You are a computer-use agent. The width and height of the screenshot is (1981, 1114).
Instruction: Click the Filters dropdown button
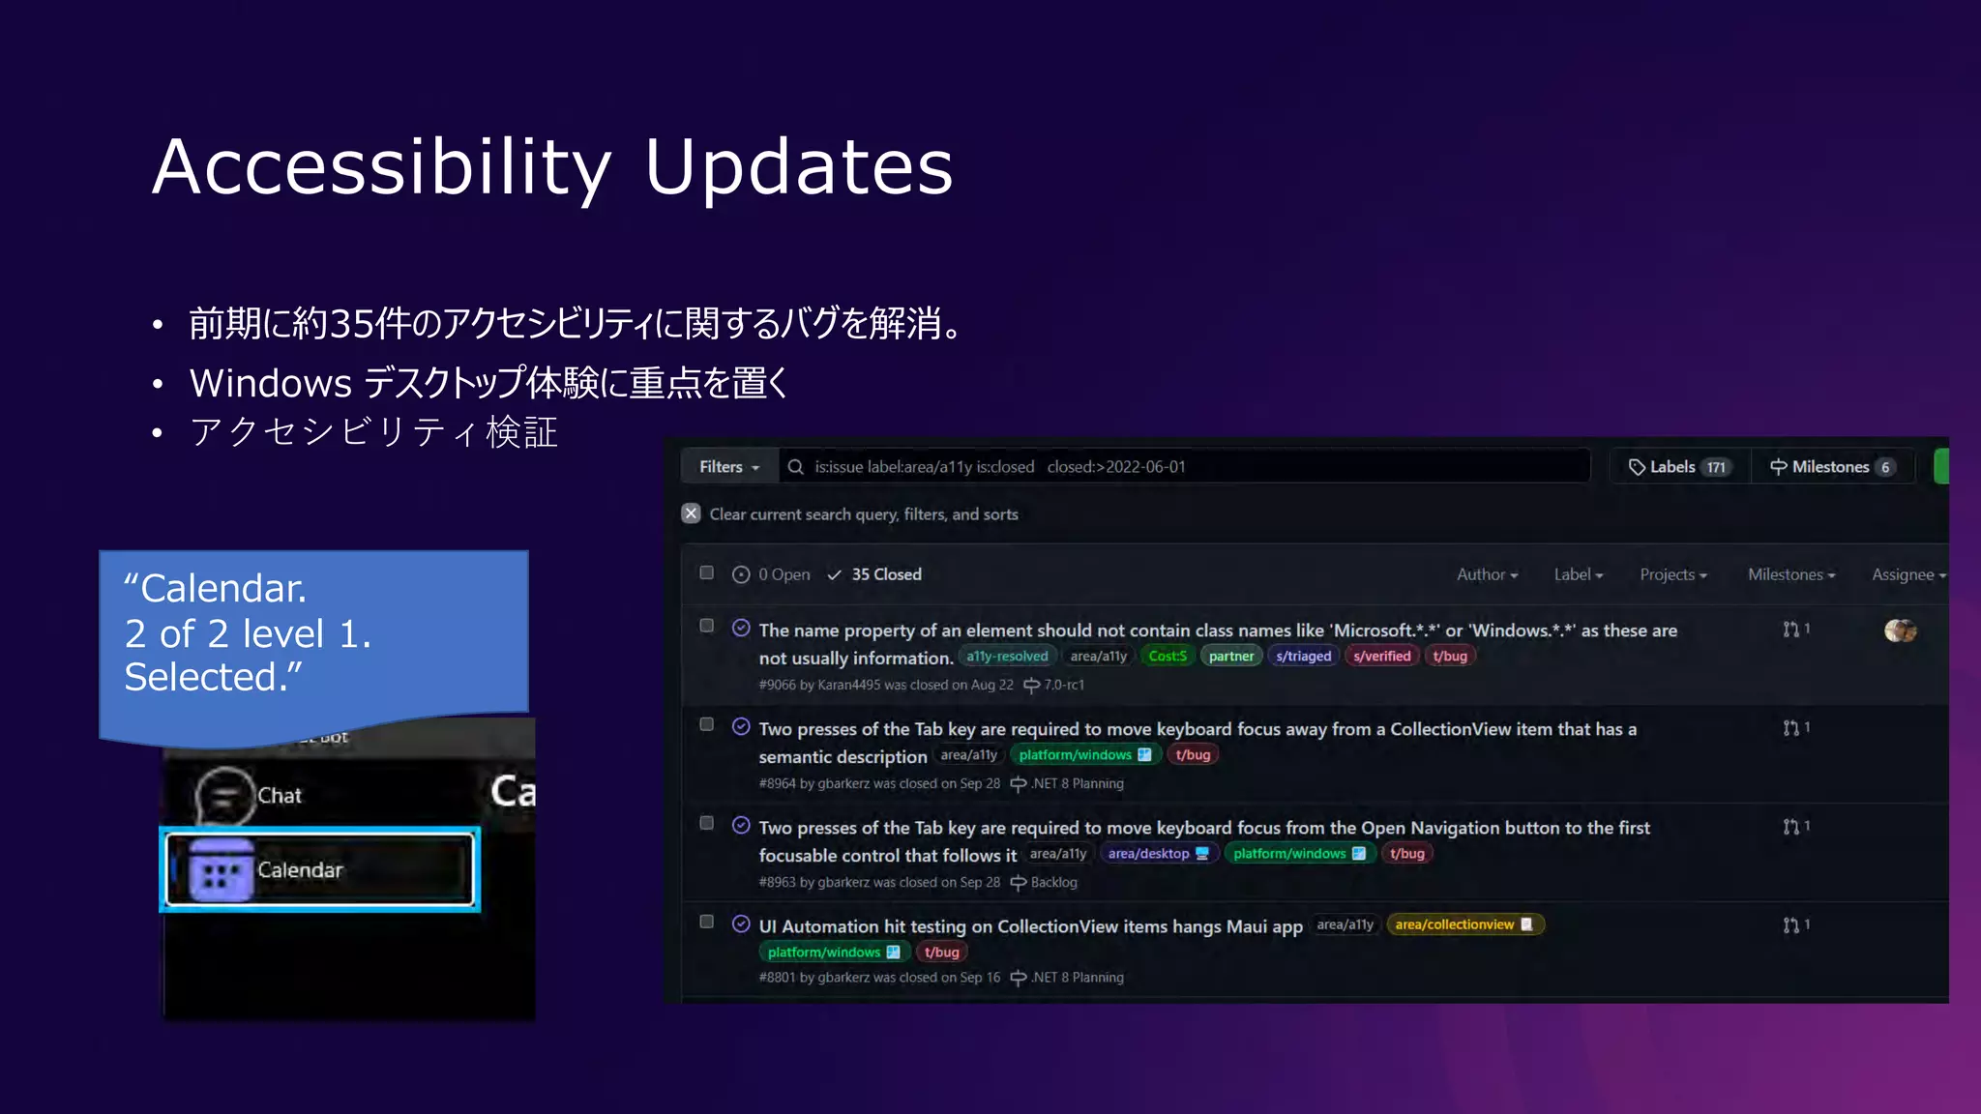click(x=729, y=467)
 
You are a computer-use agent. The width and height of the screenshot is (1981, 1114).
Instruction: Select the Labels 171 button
click(x=1678, y=467)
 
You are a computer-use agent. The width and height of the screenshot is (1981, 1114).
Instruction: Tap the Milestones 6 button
click(x=1831, y=467)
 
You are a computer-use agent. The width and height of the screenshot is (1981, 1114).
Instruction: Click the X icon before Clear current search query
click(x=691, y=513)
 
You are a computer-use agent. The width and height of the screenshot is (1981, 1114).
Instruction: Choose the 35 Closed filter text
click(x=885, y=574)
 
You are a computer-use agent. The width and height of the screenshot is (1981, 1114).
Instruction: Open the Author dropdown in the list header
click(x=1487, y=574)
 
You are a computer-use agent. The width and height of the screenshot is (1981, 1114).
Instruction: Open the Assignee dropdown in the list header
click(x=1907, y=574)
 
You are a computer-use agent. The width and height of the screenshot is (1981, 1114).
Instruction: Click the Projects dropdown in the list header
click(x=1672, y=574)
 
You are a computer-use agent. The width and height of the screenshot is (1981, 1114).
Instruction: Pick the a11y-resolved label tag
click(x=1007, y=657)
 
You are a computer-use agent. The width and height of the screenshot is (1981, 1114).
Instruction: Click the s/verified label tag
click(x=1381, y=657)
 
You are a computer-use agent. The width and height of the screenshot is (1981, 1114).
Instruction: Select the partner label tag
click(x=1230, y=657)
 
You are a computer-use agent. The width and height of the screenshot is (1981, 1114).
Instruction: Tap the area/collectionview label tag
click(x=1464, y=924)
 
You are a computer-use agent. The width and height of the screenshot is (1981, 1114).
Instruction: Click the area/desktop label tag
click(x=1157, y=854)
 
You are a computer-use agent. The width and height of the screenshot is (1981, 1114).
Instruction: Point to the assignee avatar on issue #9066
click(x=1900, y=630)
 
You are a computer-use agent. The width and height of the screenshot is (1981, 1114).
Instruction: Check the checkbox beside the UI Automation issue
click(x=707, y=922)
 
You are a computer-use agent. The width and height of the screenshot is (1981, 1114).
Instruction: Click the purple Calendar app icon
click(x=222, y=870)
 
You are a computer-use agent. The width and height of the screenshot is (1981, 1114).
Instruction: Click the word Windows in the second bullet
click(x=270, y=384)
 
